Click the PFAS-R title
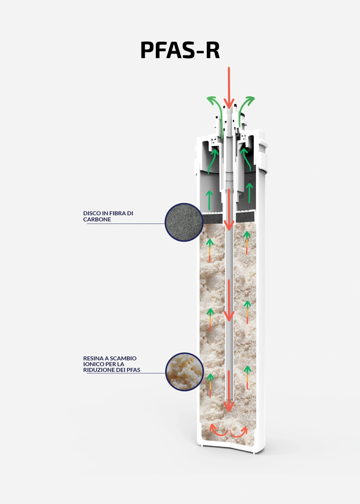tap(180, 50)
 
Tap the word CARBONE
tap(97, 219)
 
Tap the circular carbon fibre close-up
tap(184, 222)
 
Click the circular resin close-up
tap(184, 372)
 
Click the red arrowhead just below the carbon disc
tap(229, 225)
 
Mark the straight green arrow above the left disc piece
tap(210, 200)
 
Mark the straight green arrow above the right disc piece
tap(249, 192)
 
